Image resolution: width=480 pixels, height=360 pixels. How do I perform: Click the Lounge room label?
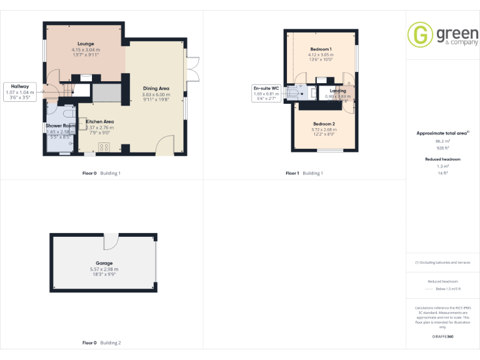pyautogui.click(x=86, y=44)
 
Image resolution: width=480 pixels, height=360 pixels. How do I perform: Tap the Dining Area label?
pyautogui.click(x=156, y=89)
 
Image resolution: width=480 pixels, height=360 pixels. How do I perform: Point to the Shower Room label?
pyautogui.click(x=61, y=126)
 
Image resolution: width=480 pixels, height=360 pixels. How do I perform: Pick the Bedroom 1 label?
pyautogui.click(x=321, y=49)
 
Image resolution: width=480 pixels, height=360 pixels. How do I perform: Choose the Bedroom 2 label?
pyautogui.click(x=324, y=124)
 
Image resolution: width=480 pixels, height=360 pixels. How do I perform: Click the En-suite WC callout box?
pyautogui.click(x=266, y=93)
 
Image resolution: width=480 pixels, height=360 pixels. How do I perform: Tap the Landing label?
pyautogui.click(x=337, y=91)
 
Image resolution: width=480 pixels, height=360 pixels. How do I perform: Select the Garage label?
pyautogui.click(x=104, y=263)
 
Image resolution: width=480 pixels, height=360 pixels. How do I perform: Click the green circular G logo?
pyautogui.click(x=420, y=34)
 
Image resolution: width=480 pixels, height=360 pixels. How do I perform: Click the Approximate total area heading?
pyautogui.click(x=442, y=133)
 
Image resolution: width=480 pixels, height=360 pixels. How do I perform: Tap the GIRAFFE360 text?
pyautogui.click(x=442, y=337)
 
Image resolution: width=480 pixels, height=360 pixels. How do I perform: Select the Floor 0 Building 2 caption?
pyautogui.click(x=101, y=342)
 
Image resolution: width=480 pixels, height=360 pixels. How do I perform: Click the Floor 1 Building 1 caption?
pyautogui.click(x=304, y=172)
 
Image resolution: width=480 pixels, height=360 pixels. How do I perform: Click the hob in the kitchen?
pyautogui.click(x=104, y=147)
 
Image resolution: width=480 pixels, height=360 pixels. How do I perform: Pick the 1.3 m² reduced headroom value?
pyautogui.click(x=442, y=167)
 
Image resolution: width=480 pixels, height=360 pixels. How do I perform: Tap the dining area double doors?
pyautogui.click(x=192, y=69)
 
